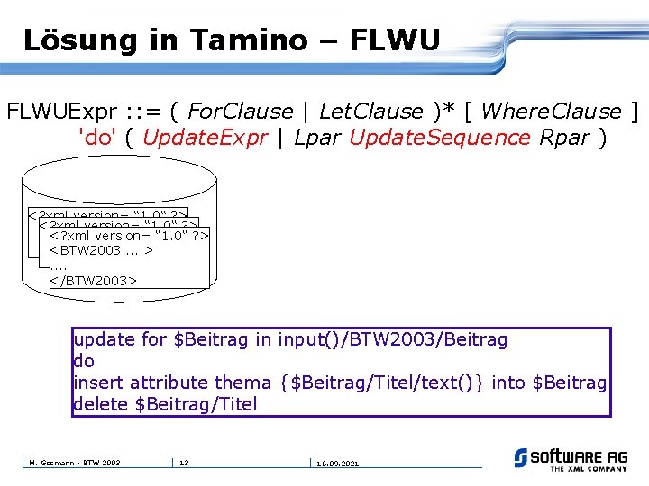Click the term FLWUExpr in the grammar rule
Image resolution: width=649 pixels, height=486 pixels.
pyautogui.click(x=58, y=112)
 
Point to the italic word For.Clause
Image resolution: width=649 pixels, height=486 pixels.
pyautogui.click(x=241, y=112)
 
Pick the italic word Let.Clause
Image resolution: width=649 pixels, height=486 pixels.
pyautogui.click(x=370, y=112)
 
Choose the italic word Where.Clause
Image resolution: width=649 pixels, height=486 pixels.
pyautogui.click(x=552, y=112)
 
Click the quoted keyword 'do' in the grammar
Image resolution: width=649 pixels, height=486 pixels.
pyautogui.click(x=96, y=138)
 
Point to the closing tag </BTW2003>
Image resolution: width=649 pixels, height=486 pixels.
pyautogui.click(x=93, y=280)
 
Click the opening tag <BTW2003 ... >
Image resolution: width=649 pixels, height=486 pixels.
pyautogui.click(x=101, y=249)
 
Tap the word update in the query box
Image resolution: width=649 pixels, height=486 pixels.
pyautogui.click(x=105, y=339)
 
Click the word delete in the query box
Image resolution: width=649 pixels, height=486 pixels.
pyautogui.click(x=101, y=404)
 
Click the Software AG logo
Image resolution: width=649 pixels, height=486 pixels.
pyautogui.click(x=571, y=459)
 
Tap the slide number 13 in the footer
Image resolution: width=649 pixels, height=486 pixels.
pyautogui.click(x=183, y=463)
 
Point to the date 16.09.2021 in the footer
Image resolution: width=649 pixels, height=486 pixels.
pyautogui.click(x=337, y=463)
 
